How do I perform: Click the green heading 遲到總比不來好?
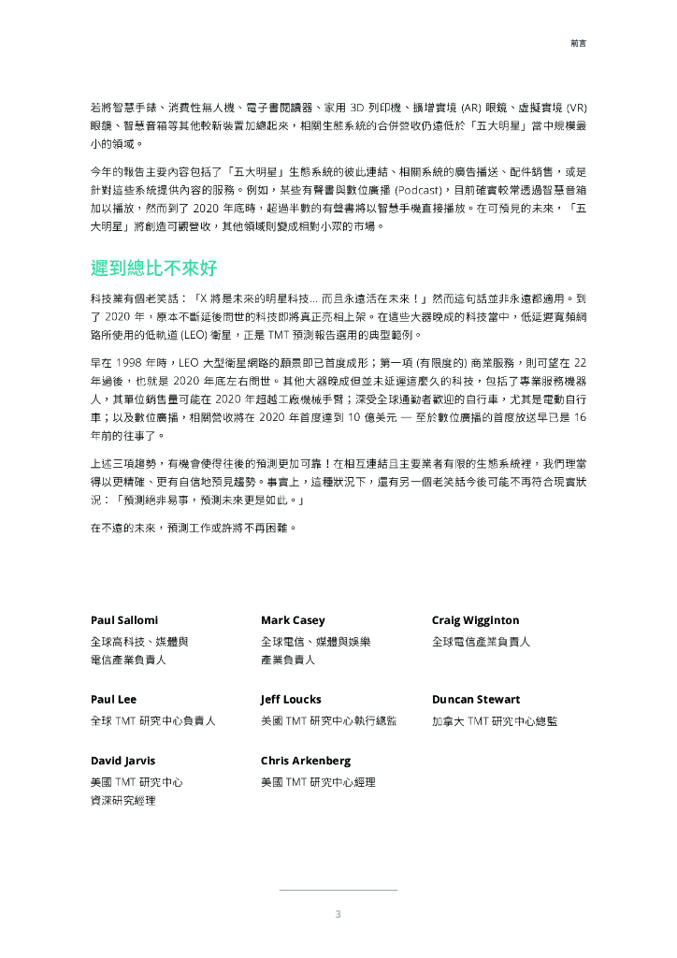tap(154, 269)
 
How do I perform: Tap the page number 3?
tap(338, 914)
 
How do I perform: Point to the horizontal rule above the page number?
tap(338, 890)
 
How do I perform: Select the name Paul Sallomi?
tap(124, 620)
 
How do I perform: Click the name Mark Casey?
tap(293, 620)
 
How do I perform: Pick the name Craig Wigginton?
tap(475, 620)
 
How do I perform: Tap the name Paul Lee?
tap(113, 699)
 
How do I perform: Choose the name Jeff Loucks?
tap(291, 699)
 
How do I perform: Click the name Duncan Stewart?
tap(476, 699)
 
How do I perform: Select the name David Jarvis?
tap(122, 760)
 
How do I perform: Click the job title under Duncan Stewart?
tap(495, 721)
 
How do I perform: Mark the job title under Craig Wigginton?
tap(481, 642)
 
